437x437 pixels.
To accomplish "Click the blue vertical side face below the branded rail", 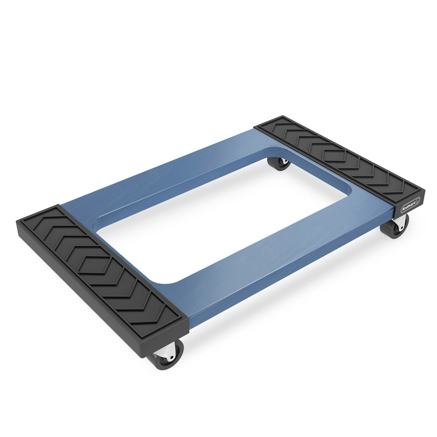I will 290,280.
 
